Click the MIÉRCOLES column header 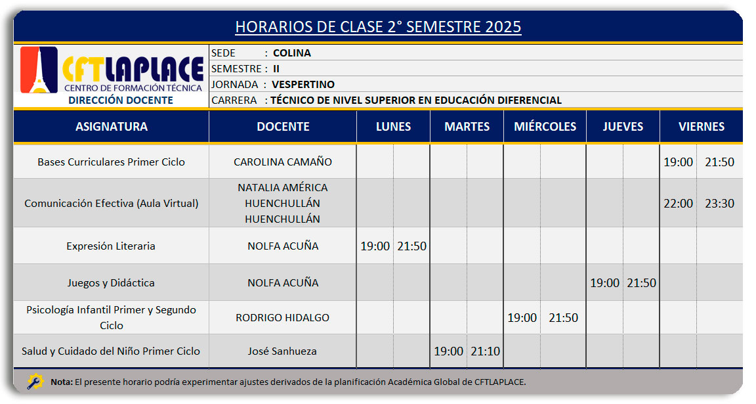545,127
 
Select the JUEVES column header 623,127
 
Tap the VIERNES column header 702,127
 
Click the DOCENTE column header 283,127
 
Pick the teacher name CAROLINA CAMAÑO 283,162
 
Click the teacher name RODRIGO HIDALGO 283,317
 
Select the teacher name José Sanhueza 282,351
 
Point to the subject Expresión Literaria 111,246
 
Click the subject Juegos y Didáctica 111,283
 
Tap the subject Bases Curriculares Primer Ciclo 111,162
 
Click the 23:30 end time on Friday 719,203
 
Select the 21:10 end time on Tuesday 485,351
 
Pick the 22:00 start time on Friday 678,203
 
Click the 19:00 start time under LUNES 375,246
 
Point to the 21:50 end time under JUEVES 641,283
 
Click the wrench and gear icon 35,381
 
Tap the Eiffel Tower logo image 39,70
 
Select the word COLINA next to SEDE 291,53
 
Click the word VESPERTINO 303,85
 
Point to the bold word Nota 62,382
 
